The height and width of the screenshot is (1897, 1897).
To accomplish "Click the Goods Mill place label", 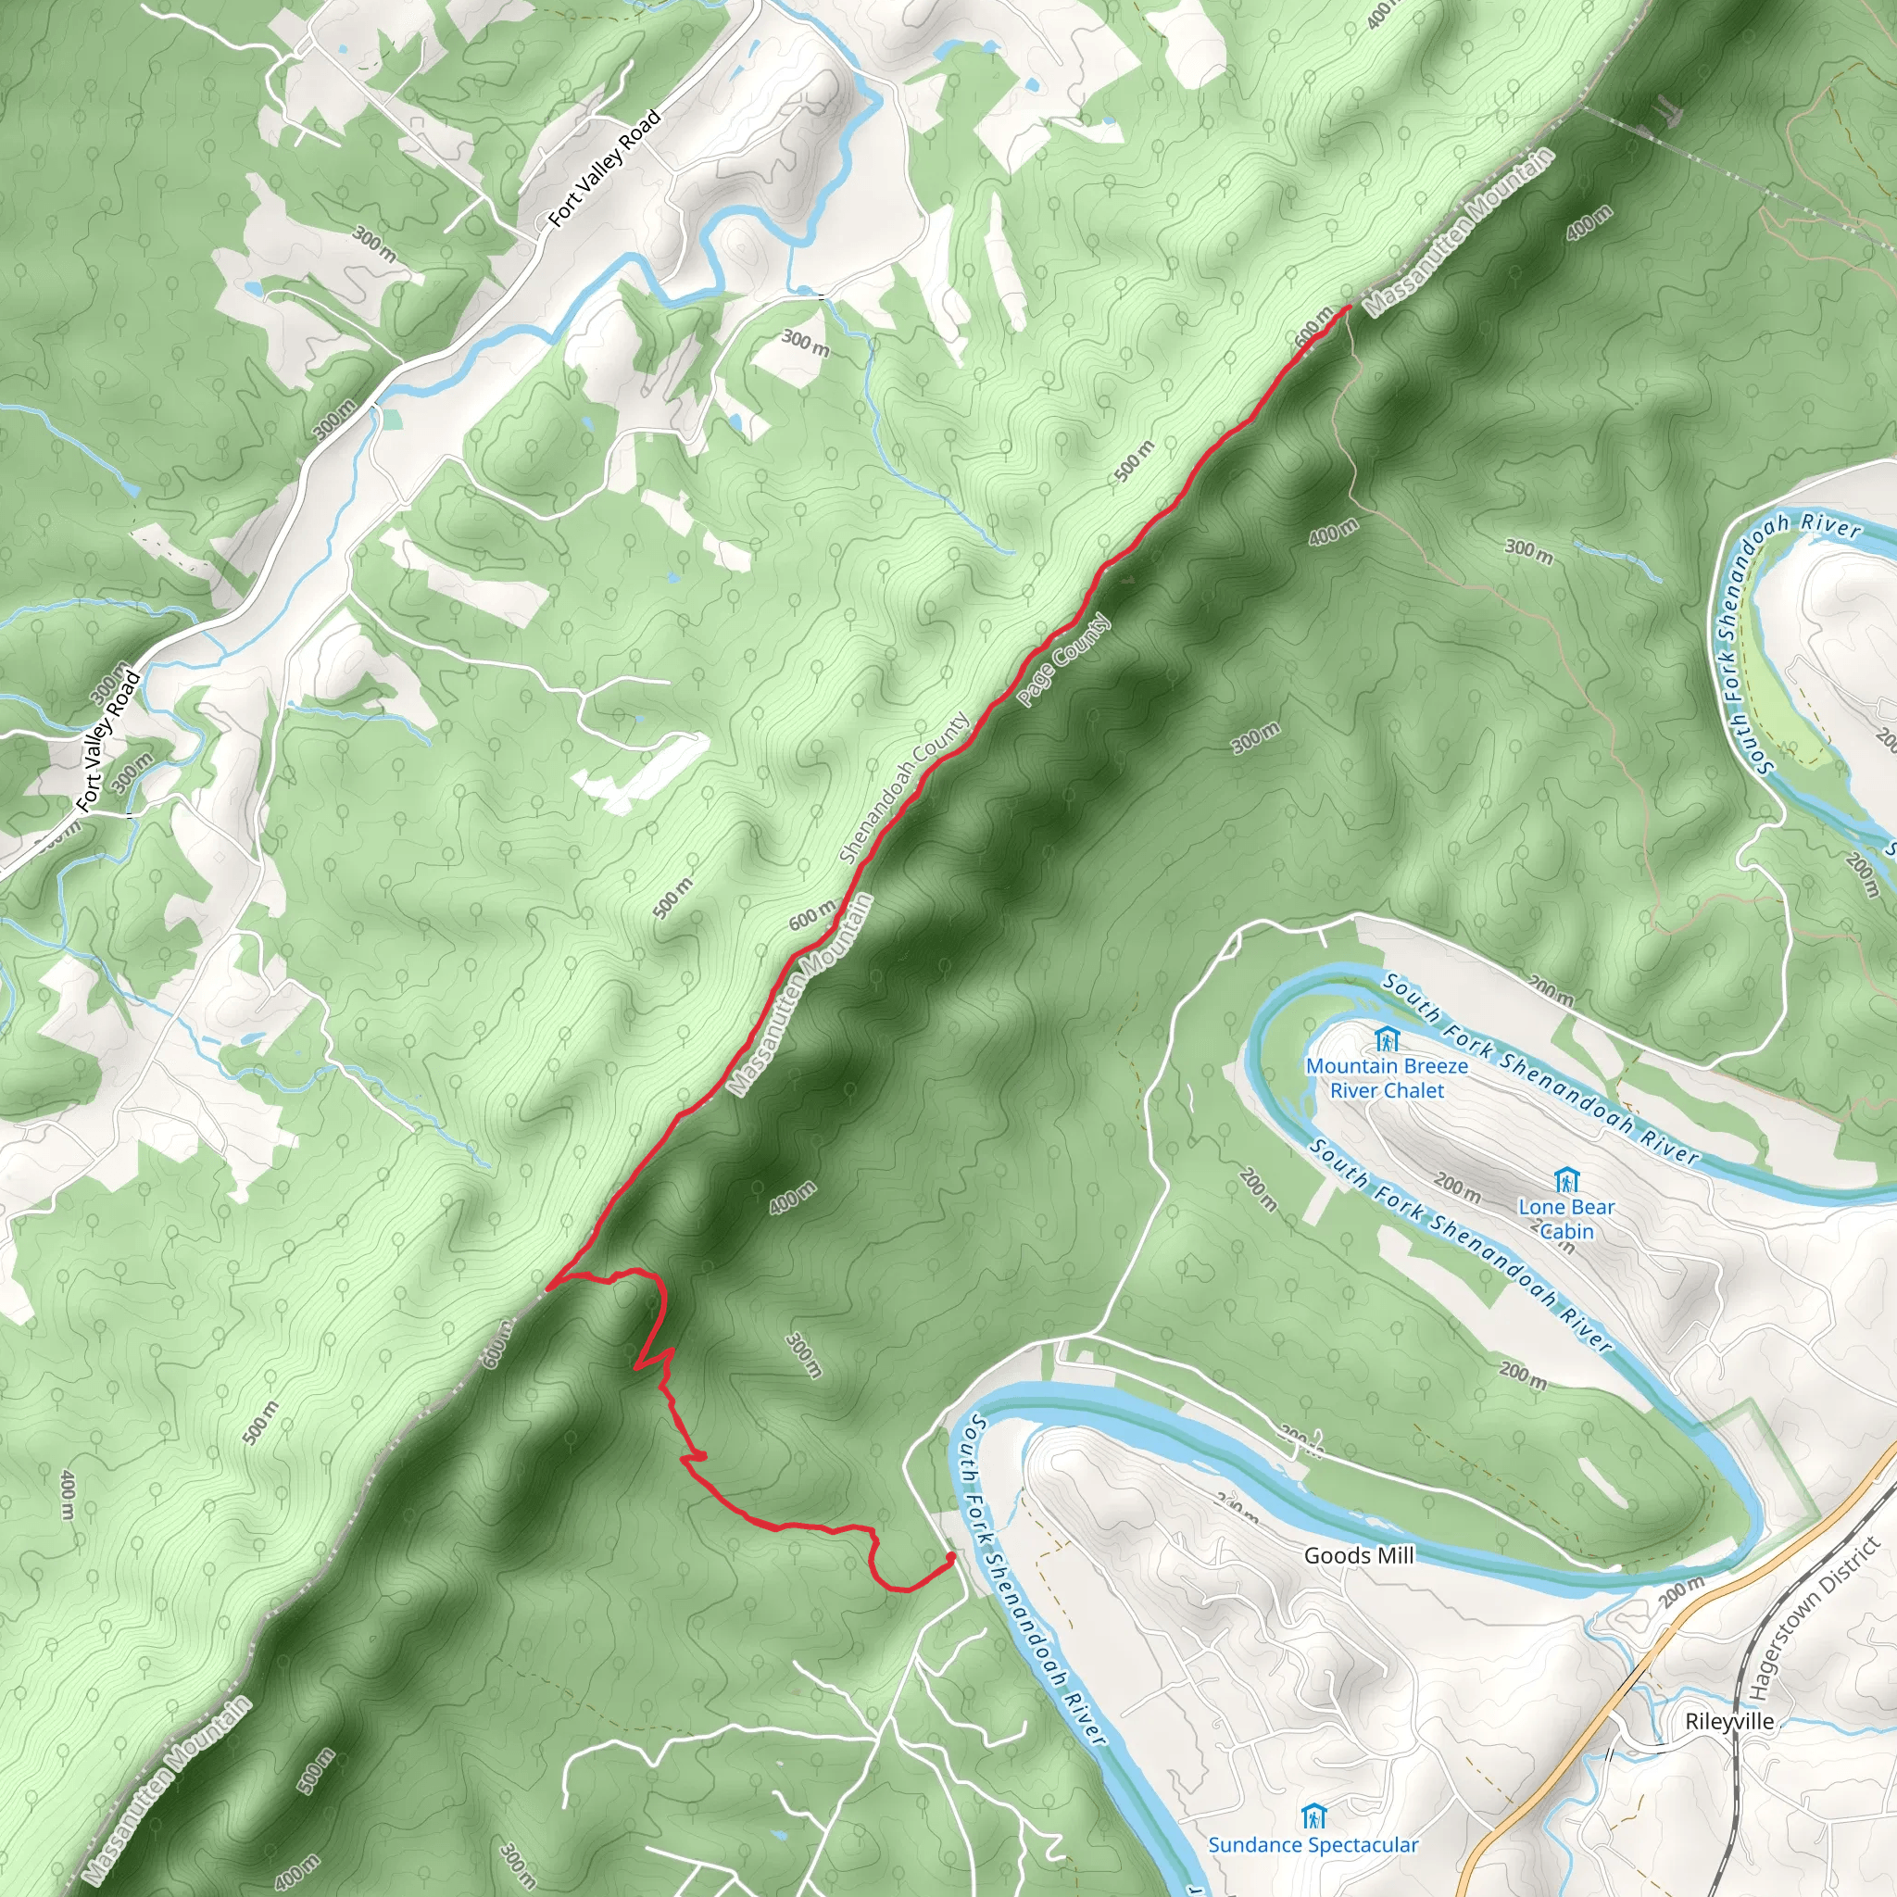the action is point(1359,1555).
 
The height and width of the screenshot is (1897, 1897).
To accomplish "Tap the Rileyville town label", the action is point(1729,1721).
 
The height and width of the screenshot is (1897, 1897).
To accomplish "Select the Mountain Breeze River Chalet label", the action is point(1387,1078).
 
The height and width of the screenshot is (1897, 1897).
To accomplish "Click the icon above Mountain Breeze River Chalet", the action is point(1386,1039).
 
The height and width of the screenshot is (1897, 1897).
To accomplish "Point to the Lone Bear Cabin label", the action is point(1566,1219).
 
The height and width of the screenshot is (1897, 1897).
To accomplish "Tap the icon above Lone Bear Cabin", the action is point(1566,1179).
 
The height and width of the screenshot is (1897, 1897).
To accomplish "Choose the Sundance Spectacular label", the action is point(1313,1845).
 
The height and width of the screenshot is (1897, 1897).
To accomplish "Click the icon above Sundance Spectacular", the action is point(1313,1815).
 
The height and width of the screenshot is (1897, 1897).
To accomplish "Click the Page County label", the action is point(1063,659).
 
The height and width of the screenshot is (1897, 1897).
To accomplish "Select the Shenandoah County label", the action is point(904,787).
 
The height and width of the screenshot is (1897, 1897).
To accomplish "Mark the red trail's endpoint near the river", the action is point(949,1557).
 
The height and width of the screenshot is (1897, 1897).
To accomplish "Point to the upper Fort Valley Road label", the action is point(604,169).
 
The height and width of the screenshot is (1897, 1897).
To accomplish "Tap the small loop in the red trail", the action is point(698,1456).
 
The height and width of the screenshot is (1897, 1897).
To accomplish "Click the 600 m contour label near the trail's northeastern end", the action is point(1313,326).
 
